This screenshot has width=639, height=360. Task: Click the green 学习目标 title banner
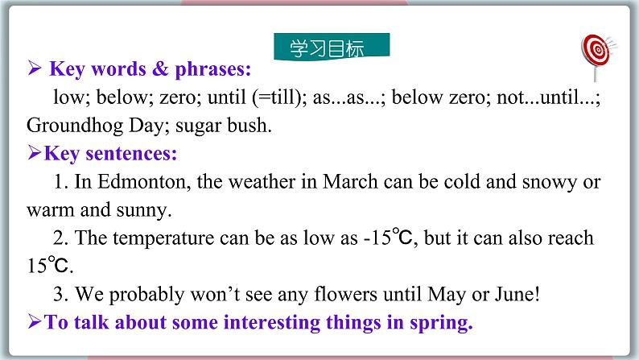tap(332, 45)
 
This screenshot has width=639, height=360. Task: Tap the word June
tap(513, 294)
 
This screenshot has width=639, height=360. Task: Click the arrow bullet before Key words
tap(35, 69)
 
